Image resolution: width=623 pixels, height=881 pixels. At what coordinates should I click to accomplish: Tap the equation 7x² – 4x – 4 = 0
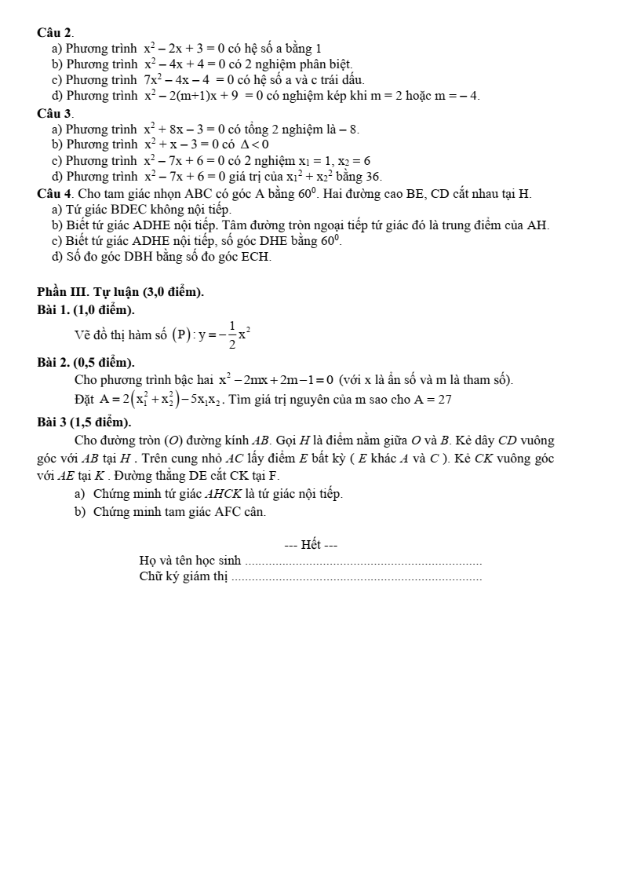[x=189, y=79]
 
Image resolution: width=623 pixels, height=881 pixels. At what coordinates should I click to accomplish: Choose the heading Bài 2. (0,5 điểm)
[x=86, y=362]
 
